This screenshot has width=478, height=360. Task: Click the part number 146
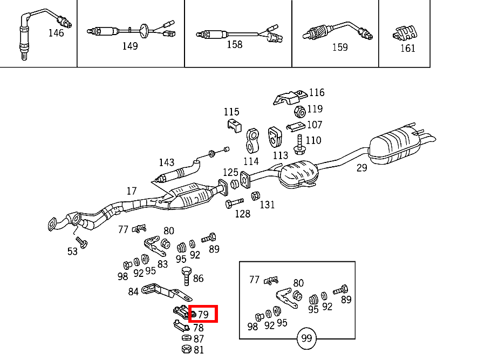point(56,33)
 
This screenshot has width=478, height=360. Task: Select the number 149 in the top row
point(130,46)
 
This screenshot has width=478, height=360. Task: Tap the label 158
point(235,45)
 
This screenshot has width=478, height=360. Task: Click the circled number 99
point(307,339)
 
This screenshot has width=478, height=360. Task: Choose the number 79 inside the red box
point(203,314)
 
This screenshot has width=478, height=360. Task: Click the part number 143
point(167,162)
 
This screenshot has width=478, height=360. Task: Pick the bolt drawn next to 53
point(81,243)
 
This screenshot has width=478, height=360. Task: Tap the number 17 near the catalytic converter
point(132,191)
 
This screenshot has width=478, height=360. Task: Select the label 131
point(267,205)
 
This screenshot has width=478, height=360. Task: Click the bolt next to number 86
point(186,275)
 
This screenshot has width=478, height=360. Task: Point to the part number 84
point(133,292)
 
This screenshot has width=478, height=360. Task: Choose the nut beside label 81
point(185,349)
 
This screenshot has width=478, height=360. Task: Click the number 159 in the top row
point(340,47)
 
